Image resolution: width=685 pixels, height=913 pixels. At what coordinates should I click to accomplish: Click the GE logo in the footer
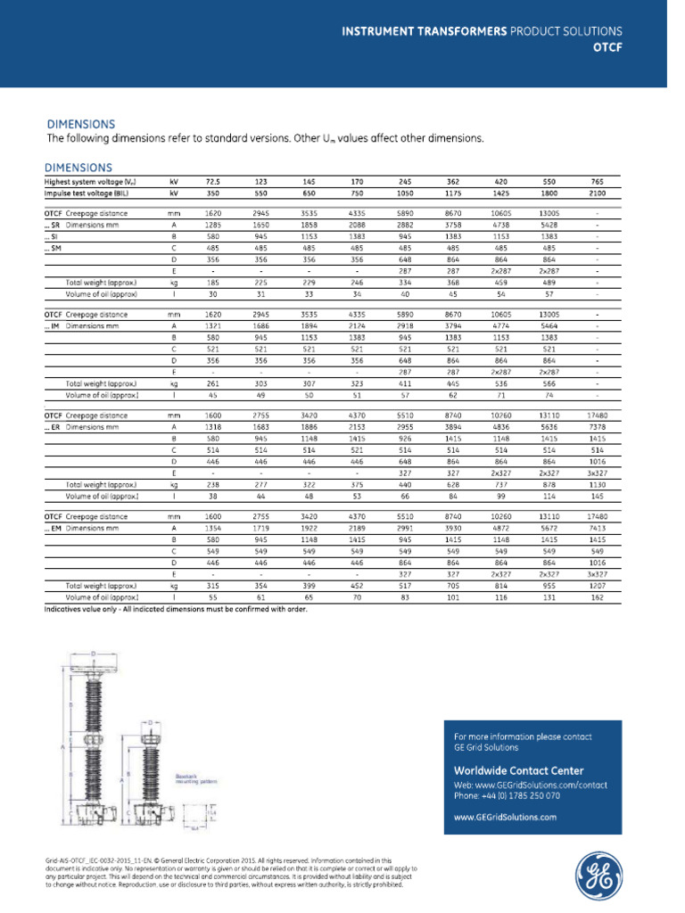pyautogui.click(x=598, y=875)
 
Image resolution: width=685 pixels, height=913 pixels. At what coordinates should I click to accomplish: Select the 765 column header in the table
pyautogui.click(x=596, y=181)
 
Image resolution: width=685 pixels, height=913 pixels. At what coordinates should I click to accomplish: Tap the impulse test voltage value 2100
pyautogui.click(x=596, y=192)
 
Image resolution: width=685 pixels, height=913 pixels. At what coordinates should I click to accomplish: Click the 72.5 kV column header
pyautogui.click(x=212, y=181)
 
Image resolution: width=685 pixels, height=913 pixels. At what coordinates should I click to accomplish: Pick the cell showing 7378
pyautogui.click(x=596, y=427)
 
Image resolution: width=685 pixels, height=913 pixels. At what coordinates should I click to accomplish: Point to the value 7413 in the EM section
pyautogui.click(x=596, y=528)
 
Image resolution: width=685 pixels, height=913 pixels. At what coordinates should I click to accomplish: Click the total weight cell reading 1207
pyautogui.click(x=596, y=587)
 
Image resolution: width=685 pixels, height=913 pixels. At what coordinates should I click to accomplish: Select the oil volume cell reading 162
pyautogui.click(x=596, y=597)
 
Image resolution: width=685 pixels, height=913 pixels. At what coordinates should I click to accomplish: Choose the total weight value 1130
pyautogui.click(x=596, y=486)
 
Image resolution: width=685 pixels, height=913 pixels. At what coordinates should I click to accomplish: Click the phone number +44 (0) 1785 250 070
pyautogui.click(x=508, y=794)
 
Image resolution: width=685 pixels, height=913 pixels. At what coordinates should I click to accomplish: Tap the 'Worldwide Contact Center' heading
pyautogui.click(x=519, y=770)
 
